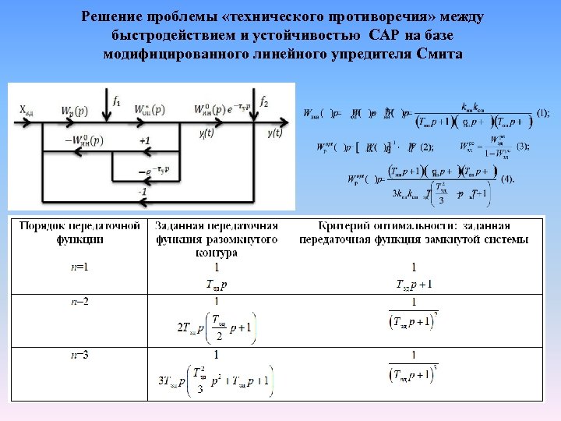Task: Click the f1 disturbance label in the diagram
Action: click(x=118, y=99)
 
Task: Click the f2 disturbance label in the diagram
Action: click(x=264, y=101)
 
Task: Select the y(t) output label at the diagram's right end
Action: click(x=274, y=133)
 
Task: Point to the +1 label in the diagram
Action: click(x=145, y=141)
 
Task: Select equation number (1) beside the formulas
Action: click(x=542, y=113)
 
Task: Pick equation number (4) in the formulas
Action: click(x=508, y=179)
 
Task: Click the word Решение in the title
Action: click(x=113, y=18)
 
